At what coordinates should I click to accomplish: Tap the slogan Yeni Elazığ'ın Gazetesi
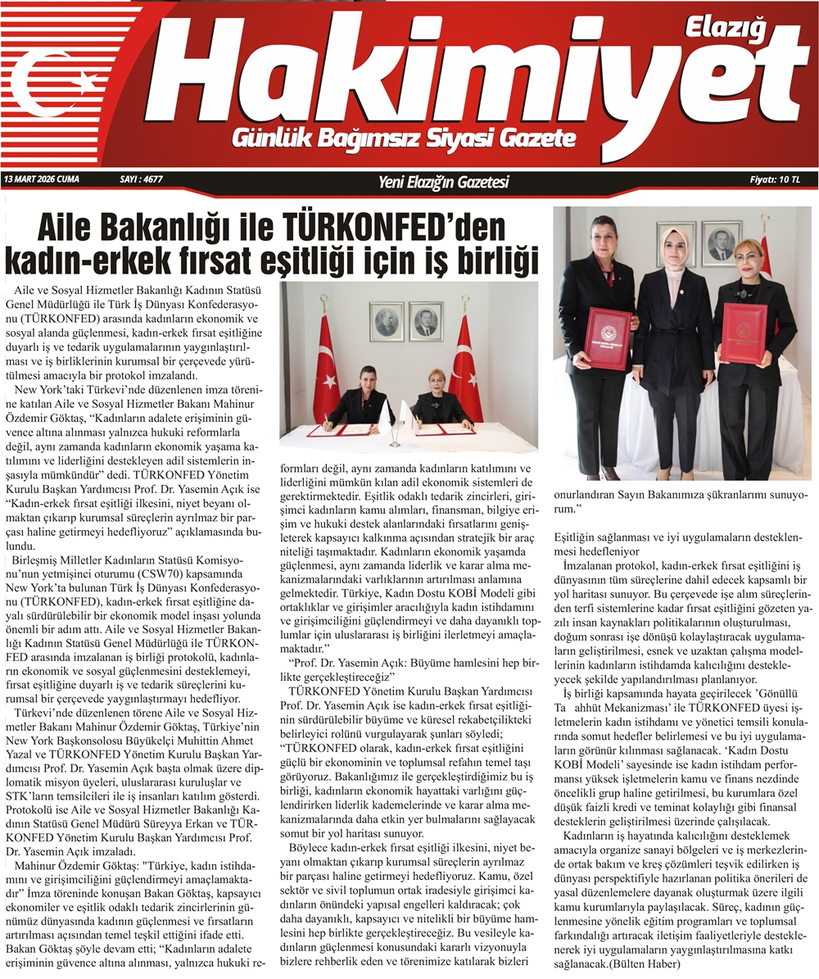(443, 181)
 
